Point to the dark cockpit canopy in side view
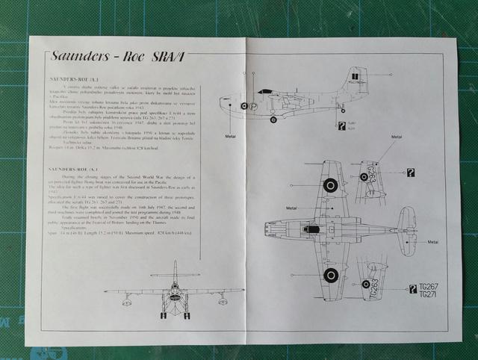coord(265,91)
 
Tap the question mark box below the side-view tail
coord(341,126)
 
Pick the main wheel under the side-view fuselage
coord(273,120)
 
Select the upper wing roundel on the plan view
coord(329,184)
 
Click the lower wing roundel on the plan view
coord(329,276)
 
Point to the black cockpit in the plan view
coord(314,229)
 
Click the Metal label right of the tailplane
coord(433,242)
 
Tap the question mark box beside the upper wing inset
coord(410,173)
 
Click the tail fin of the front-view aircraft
coord(173,270)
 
